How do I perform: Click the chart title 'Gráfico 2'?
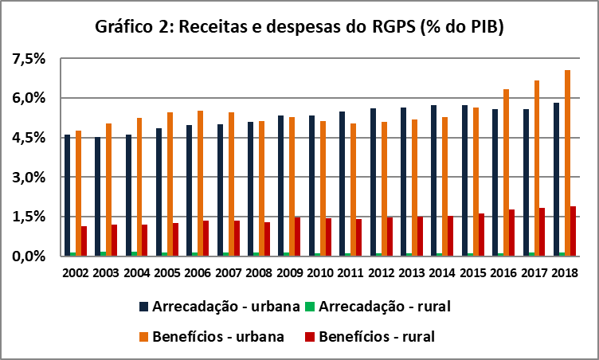(299, 27)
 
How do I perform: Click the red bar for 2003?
(114, 240)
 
